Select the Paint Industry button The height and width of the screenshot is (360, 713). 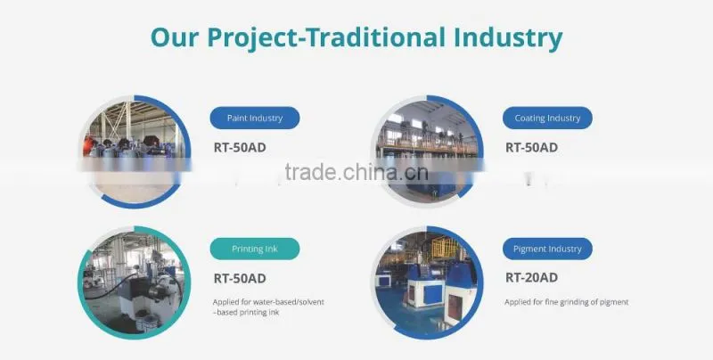255,118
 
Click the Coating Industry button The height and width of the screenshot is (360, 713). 547,118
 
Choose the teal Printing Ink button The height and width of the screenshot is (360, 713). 255,249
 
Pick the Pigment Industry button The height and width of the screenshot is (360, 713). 547,249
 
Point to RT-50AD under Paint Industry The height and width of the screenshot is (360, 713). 240,147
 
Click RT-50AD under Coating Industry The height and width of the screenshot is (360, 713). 531,147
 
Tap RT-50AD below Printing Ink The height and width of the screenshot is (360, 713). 240,278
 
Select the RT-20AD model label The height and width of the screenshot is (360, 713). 531,277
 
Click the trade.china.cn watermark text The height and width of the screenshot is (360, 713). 356,172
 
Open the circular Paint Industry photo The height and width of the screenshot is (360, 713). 135,151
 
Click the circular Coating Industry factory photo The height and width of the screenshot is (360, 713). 428,151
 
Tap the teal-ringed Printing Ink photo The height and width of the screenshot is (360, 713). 135,282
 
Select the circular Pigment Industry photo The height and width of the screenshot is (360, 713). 428,282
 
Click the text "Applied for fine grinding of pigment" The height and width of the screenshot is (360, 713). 567,302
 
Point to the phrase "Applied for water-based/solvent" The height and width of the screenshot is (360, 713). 268,302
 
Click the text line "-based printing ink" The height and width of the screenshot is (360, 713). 246,312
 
